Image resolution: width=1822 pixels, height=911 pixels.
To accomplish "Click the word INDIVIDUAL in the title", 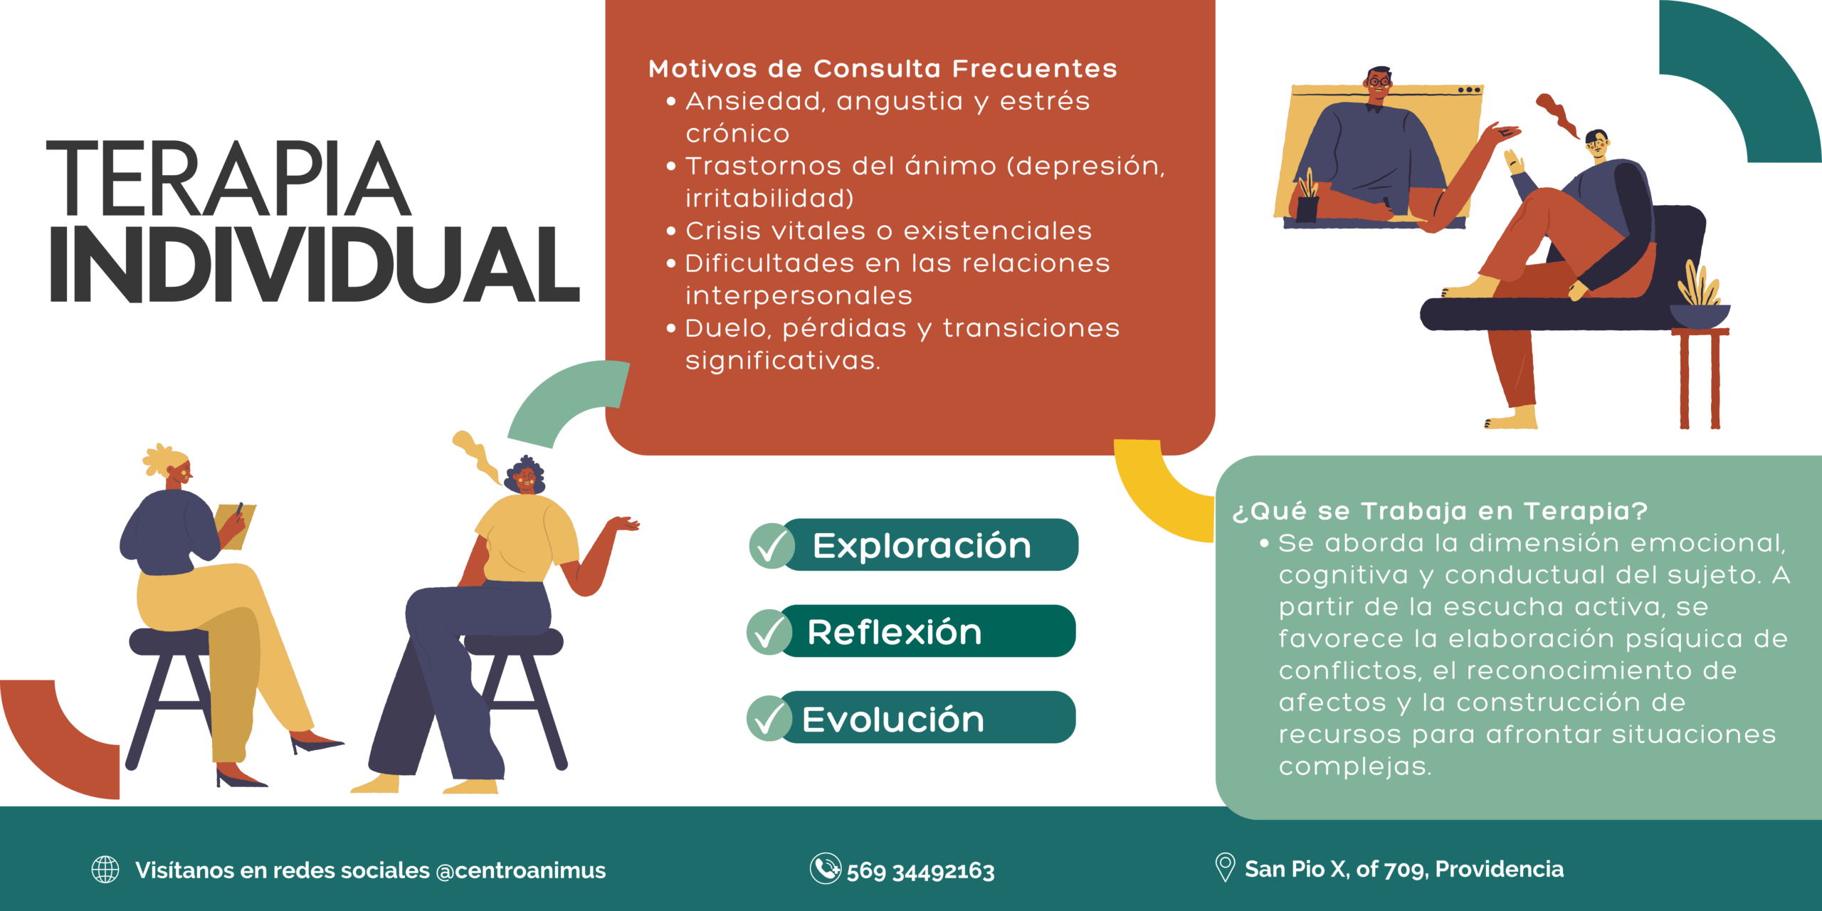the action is pyautogui.click(x=315, y=265).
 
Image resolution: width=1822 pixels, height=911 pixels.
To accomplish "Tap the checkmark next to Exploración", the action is pyautogui.click(x=772, y=546).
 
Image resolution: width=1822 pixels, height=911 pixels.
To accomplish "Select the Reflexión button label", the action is pyautogui.click(x=895, y=632).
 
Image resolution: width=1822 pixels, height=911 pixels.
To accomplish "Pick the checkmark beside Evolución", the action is pyautogui.click(x=769, y=718).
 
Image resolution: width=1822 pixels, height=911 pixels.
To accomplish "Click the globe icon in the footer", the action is pyautogui.click(x=105, y=870).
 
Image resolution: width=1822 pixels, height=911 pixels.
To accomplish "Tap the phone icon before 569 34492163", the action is pyautogui.click(x=826, y=868).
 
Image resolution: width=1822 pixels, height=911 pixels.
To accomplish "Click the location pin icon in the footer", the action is pyautogui.click(x=1225, y=868).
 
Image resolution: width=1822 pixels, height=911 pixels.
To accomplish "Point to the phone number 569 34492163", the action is pyautogui.click(x=920, y=870).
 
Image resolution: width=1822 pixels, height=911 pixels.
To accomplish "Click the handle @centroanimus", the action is pyautogui.click(x=520, y=870).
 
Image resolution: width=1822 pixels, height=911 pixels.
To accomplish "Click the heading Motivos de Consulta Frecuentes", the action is pyautogui.click(x=883, y=68).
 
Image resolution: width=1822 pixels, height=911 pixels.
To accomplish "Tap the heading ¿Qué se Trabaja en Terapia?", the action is pyautogui.click(x=1440, y=511).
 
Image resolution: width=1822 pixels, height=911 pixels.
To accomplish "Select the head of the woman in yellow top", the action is pyautogui.click(x=525, y=475).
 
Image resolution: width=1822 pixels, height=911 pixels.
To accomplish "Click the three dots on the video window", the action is pyautogui.click(x=1469, y=90).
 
